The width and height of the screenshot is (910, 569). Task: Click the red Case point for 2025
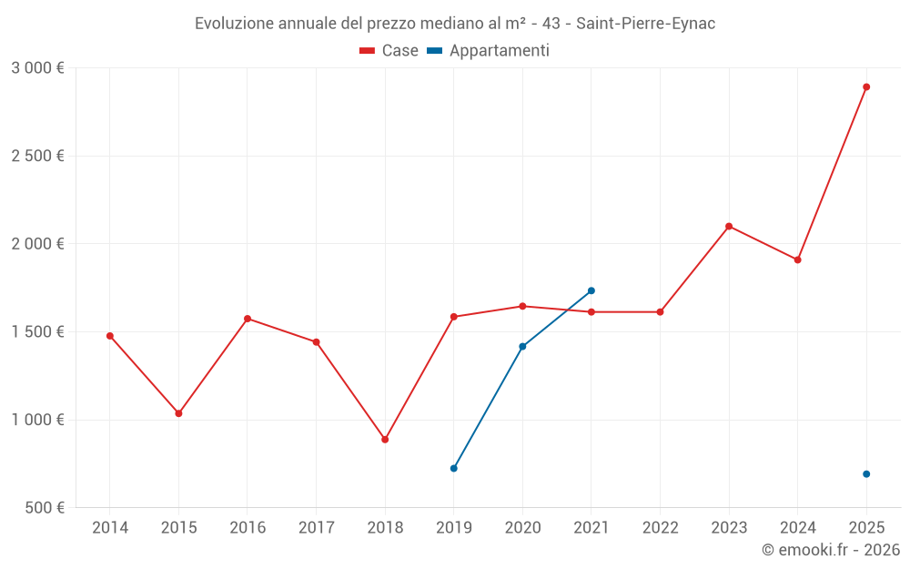(x=866, y=87)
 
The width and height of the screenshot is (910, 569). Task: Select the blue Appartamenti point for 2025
(x=866, y=474)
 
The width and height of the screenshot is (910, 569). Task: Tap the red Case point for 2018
(x=385, y=440)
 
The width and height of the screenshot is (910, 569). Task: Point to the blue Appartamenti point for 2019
(x=454, y=468)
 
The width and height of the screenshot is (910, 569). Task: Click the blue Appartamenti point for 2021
(x=591, y=291)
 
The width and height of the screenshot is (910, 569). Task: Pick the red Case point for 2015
(x=178, y=413)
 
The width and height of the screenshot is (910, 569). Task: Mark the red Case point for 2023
(x=729, y=227)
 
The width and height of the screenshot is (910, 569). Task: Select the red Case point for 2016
(x=248, y=319)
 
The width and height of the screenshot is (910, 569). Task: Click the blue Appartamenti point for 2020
(x=522, y=347)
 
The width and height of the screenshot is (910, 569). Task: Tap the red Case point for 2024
(x=798, y=259)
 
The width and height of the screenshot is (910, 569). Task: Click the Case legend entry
(x=389, y=51)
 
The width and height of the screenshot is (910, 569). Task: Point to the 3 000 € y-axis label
(x=37, y=68)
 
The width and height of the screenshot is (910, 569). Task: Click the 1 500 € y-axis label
(x=37, y=332)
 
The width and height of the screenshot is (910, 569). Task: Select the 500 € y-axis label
(x=44, y=508)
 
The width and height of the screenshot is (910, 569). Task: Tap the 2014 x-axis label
(x=110, y=528)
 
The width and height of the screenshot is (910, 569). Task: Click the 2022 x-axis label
(x=660, y=528)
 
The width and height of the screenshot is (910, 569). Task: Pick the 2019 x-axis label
(x=454, y=528)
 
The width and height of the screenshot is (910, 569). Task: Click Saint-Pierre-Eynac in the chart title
(x=645, y=24)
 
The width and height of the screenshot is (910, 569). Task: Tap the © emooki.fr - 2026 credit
(x=831, y=550)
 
